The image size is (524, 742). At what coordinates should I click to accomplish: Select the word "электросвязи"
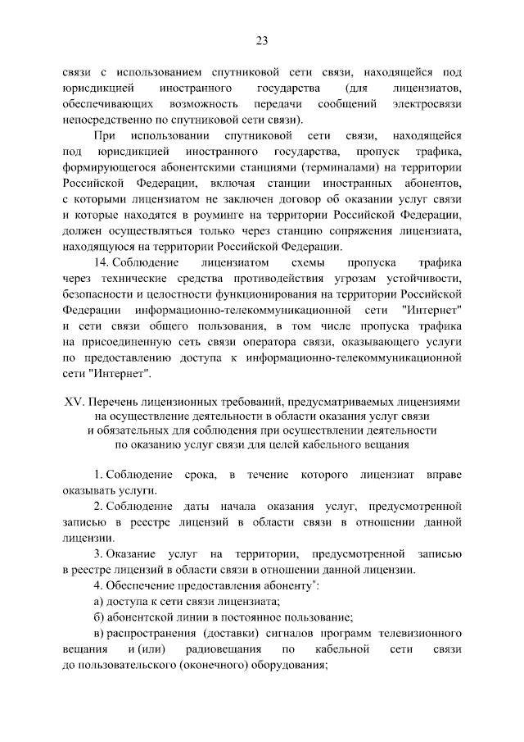(x=427, y=104)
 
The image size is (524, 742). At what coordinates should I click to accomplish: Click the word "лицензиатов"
(x=427, y=87)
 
